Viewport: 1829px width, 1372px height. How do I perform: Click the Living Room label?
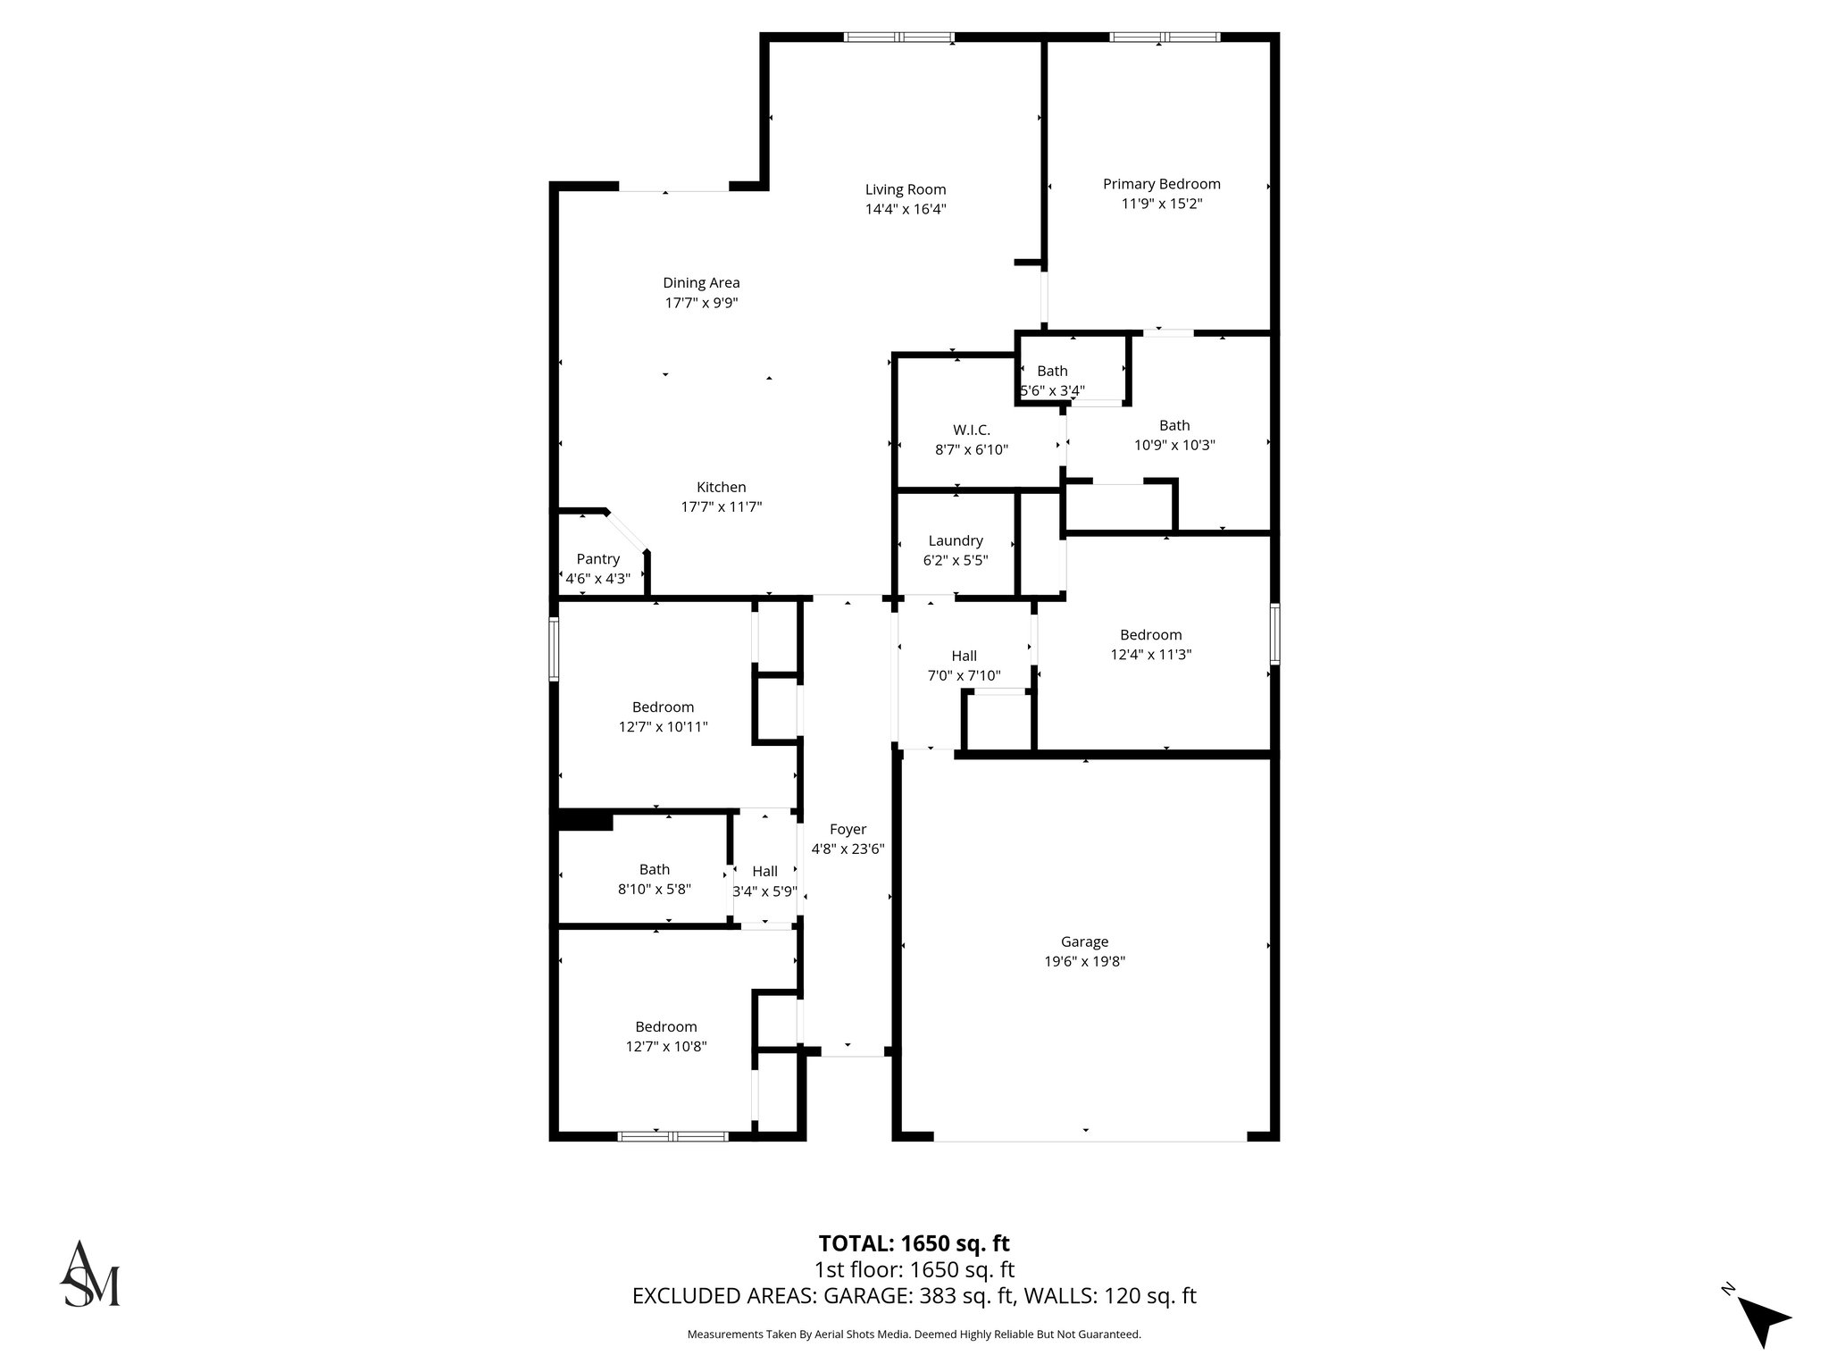(905, 189)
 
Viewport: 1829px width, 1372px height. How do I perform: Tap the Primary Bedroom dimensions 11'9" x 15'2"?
(1161, 204)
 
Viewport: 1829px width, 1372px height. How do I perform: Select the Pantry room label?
(597, 559)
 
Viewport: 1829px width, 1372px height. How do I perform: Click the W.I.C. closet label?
(971, 430)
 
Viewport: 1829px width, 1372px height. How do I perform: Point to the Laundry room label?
(955, 540)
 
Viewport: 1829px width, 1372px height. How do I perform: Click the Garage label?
(1084, 941)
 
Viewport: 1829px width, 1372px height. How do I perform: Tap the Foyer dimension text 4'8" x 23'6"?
(847, 849)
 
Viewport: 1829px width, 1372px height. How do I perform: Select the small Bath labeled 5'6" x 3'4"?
(1052, 371)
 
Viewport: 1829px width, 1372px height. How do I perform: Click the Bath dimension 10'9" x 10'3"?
(1174, 445)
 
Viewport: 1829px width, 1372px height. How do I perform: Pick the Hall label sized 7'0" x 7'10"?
(964, 656)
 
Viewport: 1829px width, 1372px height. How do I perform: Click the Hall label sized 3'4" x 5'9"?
(764, 871)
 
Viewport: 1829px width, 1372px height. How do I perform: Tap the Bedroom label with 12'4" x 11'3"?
(1150, 635)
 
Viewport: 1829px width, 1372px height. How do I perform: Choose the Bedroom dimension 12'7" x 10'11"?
(663, 727)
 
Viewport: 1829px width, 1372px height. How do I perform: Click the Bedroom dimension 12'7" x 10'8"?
(666, 1047)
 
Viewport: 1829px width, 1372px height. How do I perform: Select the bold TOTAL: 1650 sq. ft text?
(914, 1243)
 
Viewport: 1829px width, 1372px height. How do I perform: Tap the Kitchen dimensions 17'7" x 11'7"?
(721, 507)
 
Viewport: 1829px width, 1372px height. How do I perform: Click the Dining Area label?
(701, 283)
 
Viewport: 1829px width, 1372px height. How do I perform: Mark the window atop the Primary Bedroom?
(1164, 38)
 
